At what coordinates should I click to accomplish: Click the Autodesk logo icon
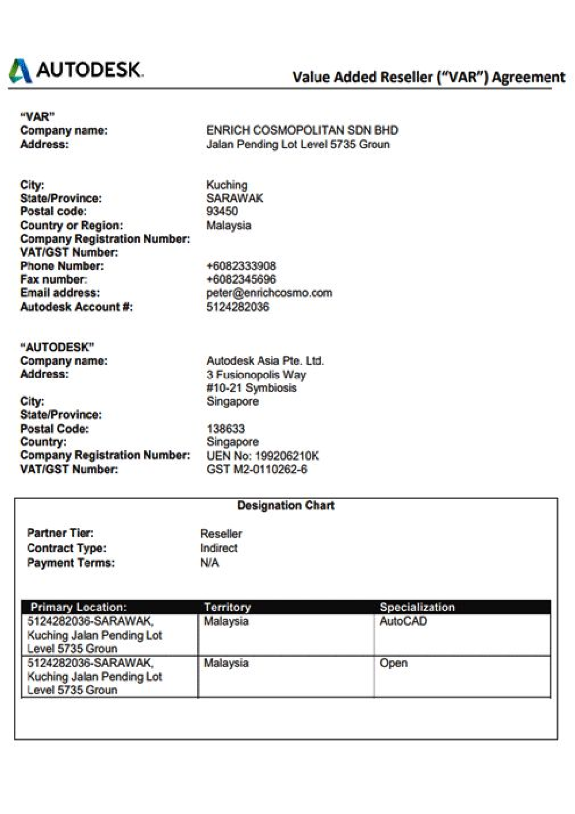pyautogui.click(x=20, y=71)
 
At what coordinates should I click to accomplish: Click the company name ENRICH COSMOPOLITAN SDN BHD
pyautogui.click(x=302, y=130)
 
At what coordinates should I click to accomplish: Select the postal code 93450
pyautogui.click(x=222, y=211)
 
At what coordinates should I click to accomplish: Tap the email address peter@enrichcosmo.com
pyautogui.click(x=269, y=293)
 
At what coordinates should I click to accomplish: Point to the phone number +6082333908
pyautogui.click(x=241, y=266)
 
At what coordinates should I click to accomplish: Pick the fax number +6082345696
pyautogui.click(x=241, y=279)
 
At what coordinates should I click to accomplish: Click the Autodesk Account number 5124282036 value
pyautogui.click(x=237, y=307)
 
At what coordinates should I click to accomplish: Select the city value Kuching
pyautogui.click(x=227, y=185)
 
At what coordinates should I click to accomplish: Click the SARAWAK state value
pyautogui.click(x=235, y=198)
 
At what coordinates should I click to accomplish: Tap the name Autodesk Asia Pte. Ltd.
pyautogui.click(x=265, y=361)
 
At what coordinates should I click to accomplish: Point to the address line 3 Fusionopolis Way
pyautogui.click(x=256, y=375)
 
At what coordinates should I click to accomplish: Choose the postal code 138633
pyautogui.click(x=225, y=429)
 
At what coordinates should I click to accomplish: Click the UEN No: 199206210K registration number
pyautogui.click(x=262, y=456)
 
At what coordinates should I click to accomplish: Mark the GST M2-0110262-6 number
pyautogui.click(x=256, y=470)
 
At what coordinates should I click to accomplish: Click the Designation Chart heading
pyautogui.click(x=286, y=505)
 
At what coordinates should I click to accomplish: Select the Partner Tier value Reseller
pyautogui.click(x=221, y=534)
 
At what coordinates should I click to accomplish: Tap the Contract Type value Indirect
pyautogui.click(x=218, y=548)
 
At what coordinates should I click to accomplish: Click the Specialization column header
pyautogui.click(x=417, y=607)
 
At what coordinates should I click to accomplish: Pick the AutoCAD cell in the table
pyautogui.click(x=403, y=621)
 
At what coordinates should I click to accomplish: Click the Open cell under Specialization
pyautogui.click(x=393, y=663)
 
